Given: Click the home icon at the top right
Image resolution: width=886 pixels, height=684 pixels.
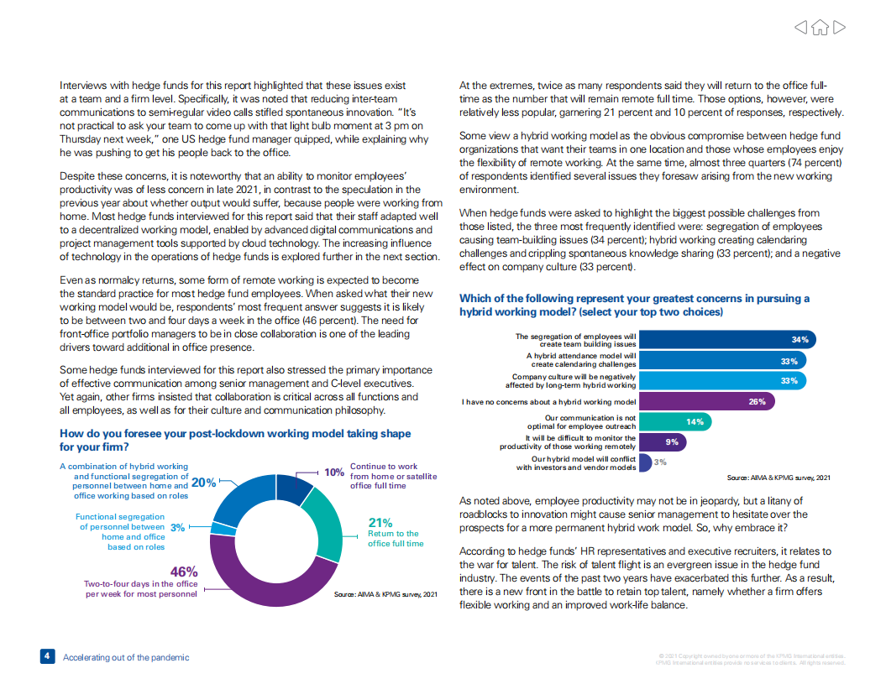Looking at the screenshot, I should coord(820,28).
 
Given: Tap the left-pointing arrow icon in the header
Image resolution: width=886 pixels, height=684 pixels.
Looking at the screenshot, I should coord(802,28).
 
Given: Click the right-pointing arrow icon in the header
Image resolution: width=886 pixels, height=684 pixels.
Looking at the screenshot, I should coord(838,28).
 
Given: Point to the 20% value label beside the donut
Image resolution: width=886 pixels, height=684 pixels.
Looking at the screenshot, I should coord(204,483).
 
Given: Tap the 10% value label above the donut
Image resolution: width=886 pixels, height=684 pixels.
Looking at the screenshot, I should coord(335,473).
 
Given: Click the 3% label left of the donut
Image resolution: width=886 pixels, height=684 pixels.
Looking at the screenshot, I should coord(177,528).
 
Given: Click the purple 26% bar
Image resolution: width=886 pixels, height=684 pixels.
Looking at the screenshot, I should coord(706,402).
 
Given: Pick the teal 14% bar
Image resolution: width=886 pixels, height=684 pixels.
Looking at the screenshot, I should coord(673,422).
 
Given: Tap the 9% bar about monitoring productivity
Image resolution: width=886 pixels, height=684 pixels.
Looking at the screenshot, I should coord(660,442).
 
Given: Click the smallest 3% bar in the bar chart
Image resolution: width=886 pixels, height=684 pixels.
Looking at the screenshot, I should coord(644,462).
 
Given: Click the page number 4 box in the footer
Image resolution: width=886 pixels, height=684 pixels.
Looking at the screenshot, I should coord(47,657).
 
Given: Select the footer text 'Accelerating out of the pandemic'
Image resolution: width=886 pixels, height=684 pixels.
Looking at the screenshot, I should coord(126,658).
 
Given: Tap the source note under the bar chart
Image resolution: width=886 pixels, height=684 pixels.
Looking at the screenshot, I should coord(779,478).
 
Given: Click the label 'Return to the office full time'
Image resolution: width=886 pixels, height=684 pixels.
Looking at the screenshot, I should coord(396,539).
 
